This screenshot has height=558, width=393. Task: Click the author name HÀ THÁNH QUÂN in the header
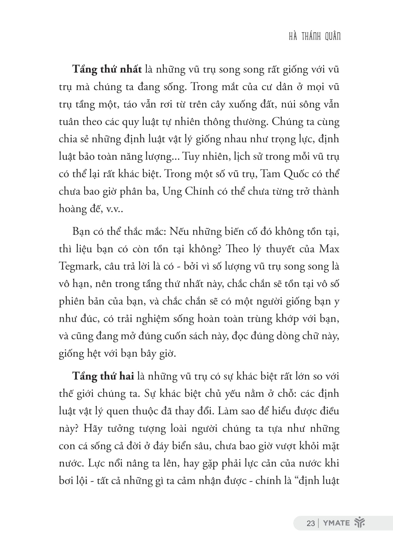coord(314,37)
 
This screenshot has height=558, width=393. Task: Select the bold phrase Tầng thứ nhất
coord(107,69)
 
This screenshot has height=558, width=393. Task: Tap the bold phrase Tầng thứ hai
coord(103,376)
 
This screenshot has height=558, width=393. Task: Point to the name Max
coord(329,249)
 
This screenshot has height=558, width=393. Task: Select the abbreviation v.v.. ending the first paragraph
coord(115,209)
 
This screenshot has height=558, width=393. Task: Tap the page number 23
coord(311,523)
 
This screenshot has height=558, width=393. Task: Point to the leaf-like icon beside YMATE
coord(359,523)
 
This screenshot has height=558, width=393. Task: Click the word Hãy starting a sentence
coord(92,429)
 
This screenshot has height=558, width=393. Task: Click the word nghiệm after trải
coord(152,319)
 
